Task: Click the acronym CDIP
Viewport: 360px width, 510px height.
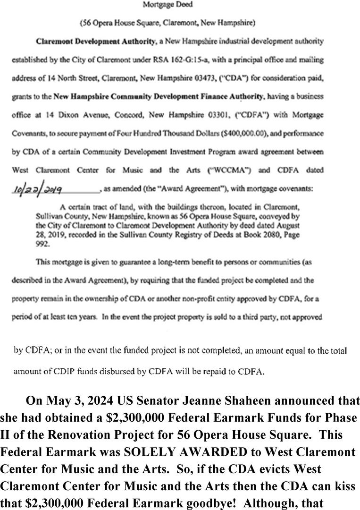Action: pos(74,371)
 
